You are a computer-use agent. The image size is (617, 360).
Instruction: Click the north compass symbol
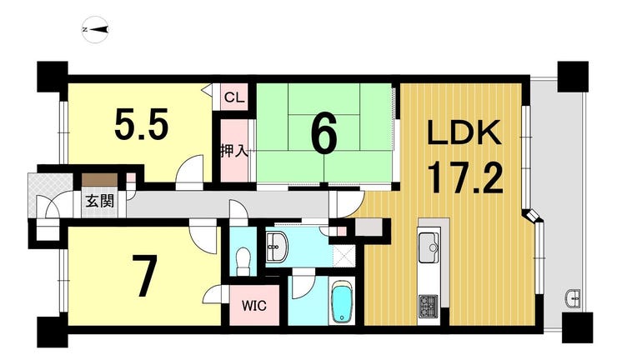[95, 29]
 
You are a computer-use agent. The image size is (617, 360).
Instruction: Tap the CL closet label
[234, 97]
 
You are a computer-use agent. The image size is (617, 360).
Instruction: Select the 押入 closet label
[234, 151]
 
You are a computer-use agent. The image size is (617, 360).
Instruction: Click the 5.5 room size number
[142, 125]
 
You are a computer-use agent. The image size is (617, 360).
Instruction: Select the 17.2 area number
[464, 178]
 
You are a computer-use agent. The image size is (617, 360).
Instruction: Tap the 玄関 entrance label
[100, 201]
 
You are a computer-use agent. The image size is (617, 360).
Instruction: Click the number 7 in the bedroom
[144, 275]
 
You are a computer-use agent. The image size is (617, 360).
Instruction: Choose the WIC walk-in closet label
[254, 306]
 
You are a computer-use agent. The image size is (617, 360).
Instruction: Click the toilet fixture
[243, 259]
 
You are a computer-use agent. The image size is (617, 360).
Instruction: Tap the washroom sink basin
[277, 247]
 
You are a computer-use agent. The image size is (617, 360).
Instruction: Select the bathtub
[341, 302]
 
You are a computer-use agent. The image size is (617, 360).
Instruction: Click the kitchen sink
[429, 247]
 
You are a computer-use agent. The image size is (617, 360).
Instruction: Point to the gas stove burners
[429, 307]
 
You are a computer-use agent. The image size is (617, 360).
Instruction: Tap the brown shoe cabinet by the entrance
[99, 180]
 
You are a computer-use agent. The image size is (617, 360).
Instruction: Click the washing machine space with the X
[344, 255]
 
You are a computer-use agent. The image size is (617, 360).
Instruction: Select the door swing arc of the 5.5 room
[189, 167]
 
